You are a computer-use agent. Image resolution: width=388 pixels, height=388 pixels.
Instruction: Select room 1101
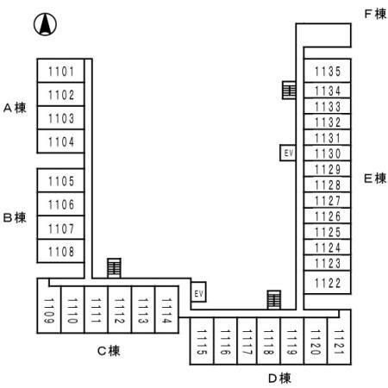61,72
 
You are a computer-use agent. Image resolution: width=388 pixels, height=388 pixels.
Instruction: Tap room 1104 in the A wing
61,141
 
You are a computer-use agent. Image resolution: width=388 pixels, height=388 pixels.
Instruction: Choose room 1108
61,252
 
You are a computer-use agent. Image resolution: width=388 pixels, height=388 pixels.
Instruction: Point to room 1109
50,308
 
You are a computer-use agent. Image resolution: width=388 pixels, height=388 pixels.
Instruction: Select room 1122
328,283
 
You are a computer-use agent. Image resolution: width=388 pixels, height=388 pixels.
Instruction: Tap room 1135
328,72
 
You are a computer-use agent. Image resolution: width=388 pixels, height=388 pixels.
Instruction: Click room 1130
328,153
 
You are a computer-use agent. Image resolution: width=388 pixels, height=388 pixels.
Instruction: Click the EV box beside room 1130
289,153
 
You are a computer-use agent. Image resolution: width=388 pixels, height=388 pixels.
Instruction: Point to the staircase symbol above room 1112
114,267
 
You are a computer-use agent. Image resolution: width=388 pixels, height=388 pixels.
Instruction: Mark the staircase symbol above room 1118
274,298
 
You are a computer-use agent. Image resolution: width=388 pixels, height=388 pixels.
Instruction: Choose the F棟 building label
374,15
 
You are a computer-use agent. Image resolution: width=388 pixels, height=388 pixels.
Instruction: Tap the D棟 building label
279,377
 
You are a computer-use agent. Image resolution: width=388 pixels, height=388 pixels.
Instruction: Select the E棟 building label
374,178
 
